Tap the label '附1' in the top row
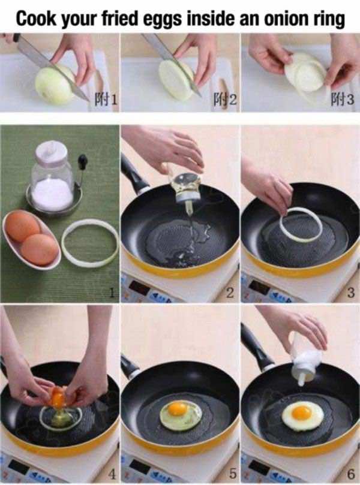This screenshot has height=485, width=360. pos(104,100)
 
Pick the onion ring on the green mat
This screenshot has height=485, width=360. pos(90,243)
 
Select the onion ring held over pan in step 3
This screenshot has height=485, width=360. pos(300,225)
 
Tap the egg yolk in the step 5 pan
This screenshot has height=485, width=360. pos(178,409)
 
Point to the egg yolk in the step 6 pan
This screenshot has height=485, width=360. pos(301,412)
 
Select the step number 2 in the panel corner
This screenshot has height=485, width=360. pos(229,293)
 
